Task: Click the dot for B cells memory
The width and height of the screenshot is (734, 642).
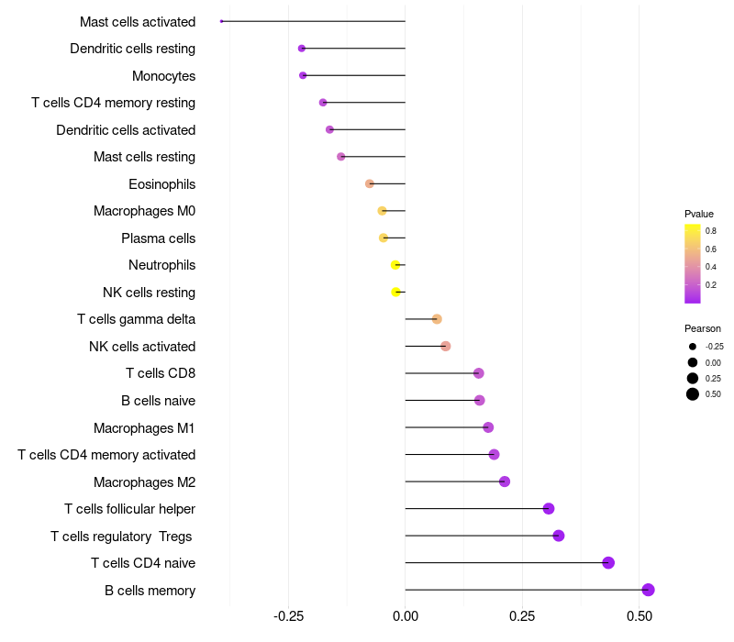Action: click(648, 590)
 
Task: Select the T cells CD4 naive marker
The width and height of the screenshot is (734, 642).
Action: click(608, 563)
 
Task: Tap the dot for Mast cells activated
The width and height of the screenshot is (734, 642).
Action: click(222, 21)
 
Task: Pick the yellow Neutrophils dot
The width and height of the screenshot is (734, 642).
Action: click(395, 265)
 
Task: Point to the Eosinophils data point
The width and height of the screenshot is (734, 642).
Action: click(370, 183)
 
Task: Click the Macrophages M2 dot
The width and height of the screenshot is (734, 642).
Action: click(504, 481)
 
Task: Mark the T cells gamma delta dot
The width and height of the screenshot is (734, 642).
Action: click(437, 319)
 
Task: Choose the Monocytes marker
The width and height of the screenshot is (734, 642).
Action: click(303, 75)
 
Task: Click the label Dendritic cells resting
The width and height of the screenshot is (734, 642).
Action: click(133, 49)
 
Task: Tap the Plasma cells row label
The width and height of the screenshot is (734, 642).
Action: click(159, 238)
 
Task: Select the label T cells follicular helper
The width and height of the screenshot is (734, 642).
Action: click(130, 509)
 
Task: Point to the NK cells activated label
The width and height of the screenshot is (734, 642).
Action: click(142, 347)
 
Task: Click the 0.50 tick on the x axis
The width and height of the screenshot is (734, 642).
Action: click(639, 615)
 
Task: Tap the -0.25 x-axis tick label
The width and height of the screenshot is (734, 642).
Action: click(288, 615)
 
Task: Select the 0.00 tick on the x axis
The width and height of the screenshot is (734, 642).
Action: click(405, 615)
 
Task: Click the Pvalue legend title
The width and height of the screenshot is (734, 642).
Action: click(699, 214)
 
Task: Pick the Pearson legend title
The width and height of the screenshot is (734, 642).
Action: click(703, 328)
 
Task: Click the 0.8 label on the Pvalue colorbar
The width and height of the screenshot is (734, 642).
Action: click(711, 231)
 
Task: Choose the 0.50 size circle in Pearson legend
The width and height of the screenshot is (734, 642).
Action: click(693, 394)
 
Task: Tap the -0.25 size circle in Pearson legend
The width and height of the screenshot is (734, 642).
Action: click(693, 347)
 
